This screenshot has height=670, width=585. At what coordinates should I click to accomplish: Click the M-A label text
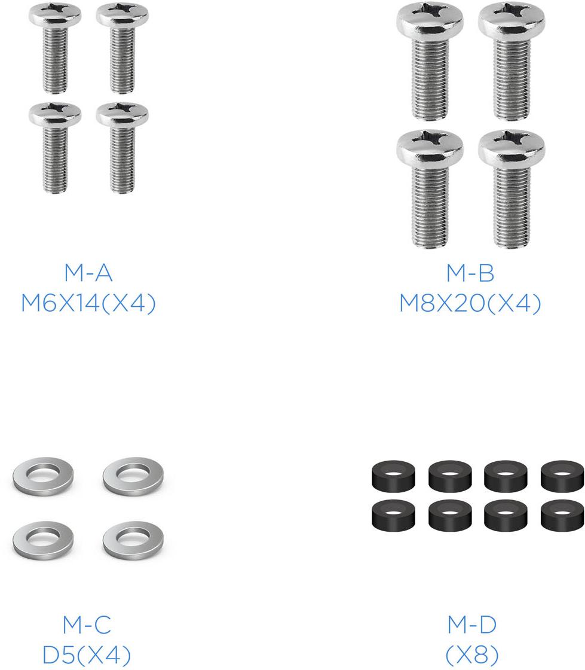pyautogui.click(x=88, y=273)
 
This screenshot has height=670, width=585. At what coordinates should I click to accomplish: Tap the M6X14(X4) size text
pyautogui.click(x=88, y=303)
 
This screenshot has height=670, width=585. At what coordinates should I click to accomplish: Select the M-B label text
pyautogui.click(x=470, y=273)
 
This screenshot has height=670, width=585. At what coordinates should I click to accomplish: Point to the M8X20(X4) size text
pyautogui.click(x=470, y=303)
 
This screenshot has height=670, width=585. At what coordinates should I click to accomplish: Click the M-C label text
pyautogui.click(x=87, y=625)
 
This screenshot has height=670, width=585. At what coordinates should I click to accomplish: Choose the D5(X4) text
pyautogui.click(x=87, y=654)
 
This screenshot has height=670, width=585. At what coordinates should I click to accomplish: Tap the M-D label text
pyautogui.click(x=472, y=625)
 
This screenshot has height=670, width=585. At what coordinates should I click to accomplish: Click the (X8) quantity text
pyautogui.click(x=472, y=654)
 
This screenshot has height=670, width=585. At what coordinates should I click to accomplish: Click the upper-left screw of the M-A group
pyautogui.click(x=55, y=48)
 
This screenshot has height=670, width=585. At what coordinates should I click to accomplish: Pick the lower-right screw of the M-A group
pyautogui.click(x=122, y=148)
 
